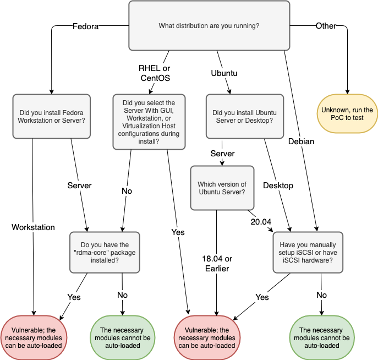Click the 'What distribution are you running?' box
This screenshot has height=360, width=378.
point(209,25)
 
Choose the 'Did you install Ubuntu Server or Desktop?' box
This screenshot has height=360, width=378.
point(240,116)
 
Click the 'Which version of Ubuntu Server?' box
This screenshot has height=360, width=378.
point(222,188)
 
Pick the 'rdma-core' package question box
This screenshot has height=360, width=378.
point(105,252)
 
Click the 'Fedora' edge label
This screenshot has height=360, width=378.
point(85,26)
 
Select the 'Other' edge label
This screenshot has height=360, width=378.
point(326,26)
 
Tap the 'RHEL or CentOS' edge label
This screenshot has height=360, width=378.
point(155,73)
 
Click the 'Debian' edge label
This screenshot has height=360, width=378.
point(301,141)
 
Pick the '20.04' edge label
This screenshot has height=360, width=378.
point(260,221)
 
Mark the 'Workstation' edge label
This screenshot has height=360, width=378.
point(34,227)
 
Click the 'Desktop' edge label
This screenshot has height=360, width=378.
point(278,185)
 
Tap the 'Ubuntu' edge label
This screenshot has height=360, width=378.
point(224,73)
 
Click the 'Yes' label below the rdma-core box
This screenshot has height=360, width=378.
point(74,297)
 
